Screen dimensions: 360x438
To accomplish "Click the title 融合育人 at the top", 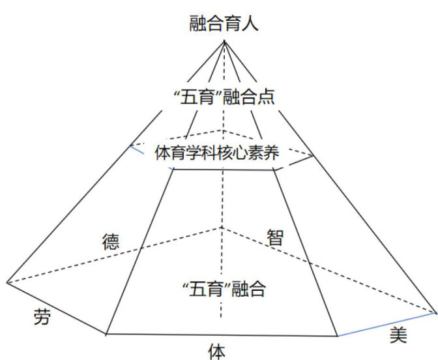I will coord(224,25).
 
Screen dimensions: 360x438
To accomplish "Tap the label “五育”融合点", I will coord(224,97).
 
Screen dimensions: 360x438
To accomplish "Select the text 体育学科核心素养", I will coord(217,154).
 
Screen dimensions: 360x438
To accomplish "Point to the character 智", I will coord(275,237).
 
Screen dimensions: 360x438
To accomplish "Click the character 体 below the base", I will coord(216,351).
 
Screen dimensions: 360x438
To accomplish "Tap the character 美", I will coord(398,335).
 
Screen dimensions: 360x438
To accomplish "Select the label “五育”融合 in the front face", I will coord(224,288).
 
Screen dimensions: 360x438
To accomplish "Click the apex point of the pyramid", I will coord(224,41).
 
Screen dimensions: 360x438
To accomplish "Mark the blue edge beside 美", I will coord(385,324).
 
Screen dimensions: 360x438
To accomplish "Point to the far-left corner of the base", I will coord(7,282).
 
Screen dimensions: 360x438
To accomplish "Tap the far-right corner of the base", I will coord(433,312).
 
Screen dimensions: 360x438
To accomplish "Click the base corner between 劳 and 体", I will coord(106,334).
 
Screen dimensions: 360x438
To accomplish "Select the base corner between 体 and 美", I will coord(337,336).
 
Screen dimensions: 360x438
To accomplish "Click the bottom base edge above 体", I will coord(222,335).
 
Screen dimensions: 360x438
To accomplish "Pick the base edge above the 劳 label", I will coord(57,308).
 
